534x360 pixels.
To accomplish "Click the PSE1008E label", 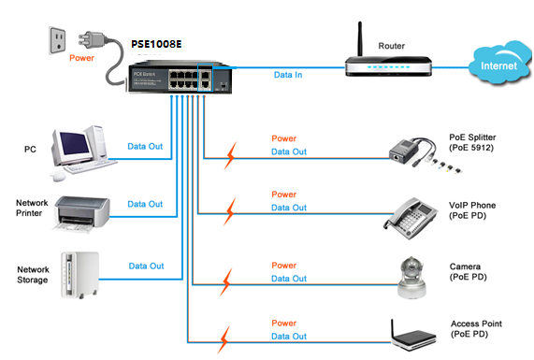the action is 156,44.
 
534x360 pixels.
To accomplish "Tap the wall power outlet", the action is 58,40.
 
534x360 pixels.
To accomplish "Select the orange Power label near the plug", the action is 81,58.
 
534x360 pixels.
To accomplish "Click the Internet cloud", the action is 499,64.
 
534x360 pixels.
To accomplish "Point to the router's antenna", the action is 360,39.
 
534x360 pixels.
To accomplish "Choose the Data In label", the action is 288,75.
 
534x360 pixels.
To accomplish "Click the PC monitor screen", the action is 74,143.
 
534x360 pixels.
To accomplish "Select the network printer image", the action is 81,214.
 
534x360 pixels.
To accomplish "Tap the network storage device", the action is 80,275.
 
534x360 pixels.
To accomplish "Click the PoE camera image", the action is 411,278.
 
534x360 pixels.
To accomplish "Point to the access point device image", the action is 413,336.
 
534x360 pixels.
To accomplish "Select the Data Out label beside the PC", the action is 145,146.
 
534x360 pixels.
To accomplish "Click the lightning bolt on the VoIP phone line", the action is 230,211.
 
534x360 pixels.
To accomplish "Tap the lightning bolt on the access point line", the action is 224,339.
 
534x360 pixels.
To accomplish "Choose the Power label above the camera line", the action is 283,266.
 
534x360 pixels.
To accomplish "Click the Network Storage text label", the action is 33,275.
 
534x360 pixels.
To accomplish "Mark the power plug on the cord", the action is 92,40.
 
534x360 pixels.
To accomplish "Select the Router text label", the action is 392,46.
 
